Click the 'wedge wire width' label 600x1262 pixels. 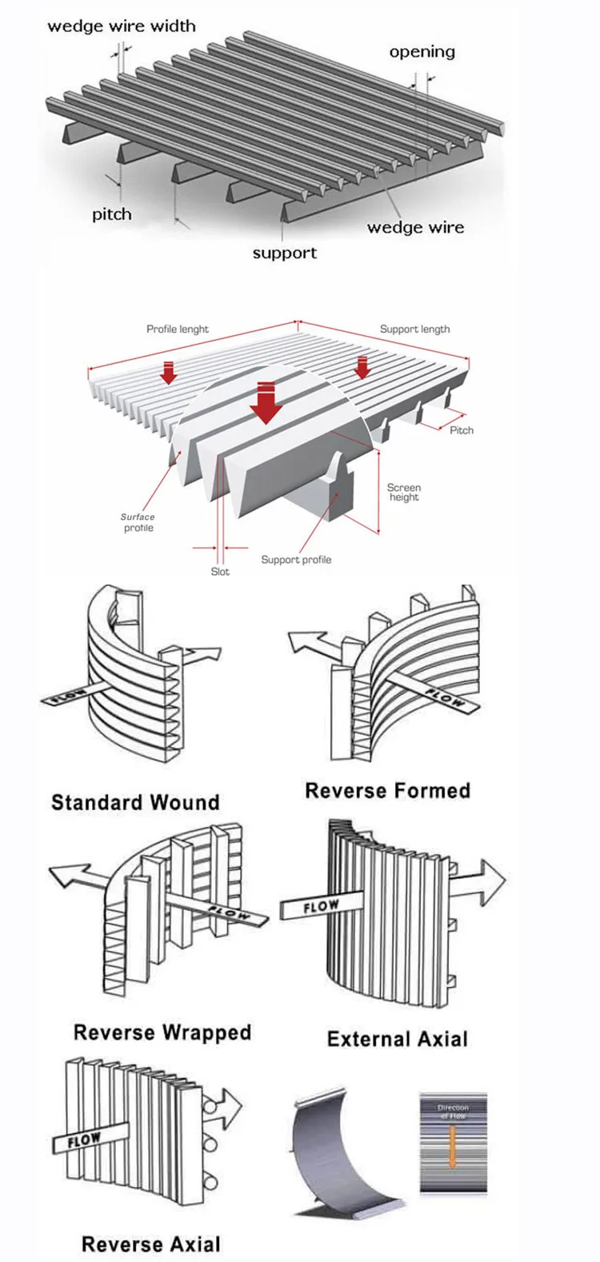[x=121, y=26]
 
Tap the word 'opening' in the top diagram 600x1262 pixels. [x=422, y=52]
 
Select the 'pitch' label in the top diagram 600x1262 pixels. [x=112, y=214]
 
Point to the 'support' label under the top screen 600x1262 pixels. [x=285, y=254]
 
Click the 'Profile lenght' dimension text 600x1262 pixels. [x=178, y=329]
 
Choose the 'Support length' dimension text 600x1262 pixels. [x=414, y=329]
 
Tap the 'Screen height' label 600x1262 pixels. [x=404, y=492]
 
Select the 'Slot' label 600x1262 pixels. [x=220, y=571]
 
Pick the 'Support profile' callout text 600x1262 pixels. [x=296, y=560]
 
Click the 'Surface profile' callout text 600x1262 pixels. [x=138, y=522]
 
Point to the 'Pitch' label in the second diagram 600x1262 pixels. [x=462, y=430]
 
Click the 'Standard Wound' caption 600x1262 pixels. [x=135, y=802]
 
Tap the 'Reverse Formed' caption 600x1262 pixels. [x=387, y=791]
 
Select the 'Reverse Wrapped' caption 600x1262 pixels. [x=162, y=1032]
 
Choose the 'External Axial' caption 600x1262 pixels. [x=398, y=1039]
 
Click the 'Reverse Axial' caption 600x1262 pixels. [x=151, y=1244]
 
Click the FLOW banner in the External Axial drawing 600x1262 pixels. [x=320, y=908]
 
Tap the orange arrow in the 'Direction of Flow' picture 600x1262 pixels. [x=453, y=1142]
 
